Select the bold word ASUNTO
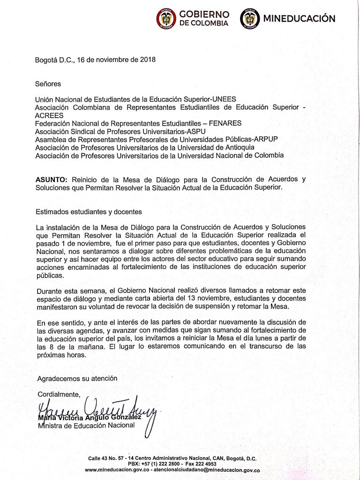click(52, 180)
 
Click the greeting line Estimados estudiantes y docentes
click(89, 211)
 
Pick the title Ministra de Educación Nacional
click(86, 425)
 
